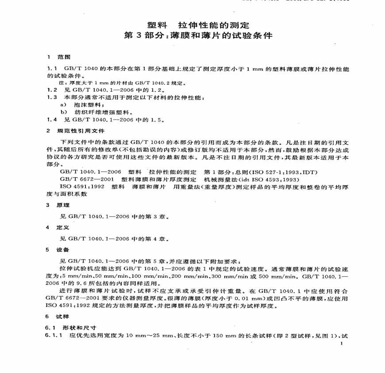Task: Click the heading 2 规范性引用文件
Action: [x=76, y=131]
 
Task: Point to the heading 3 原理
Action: [x=57, y=205]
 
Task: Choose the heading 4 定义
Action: [x=57, y=227]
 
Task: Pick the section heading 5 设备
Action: [x=57, y=249]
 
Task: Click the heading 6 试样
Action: [x=57, y=316]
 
